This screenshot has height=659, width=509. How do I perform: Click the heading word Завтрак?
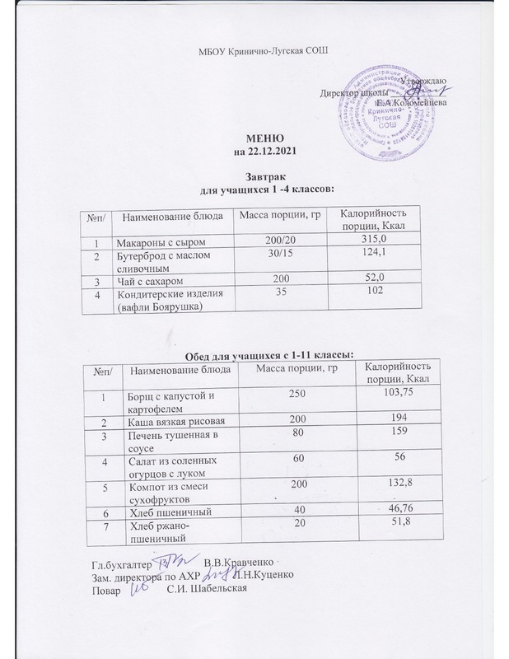point(264,176)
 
